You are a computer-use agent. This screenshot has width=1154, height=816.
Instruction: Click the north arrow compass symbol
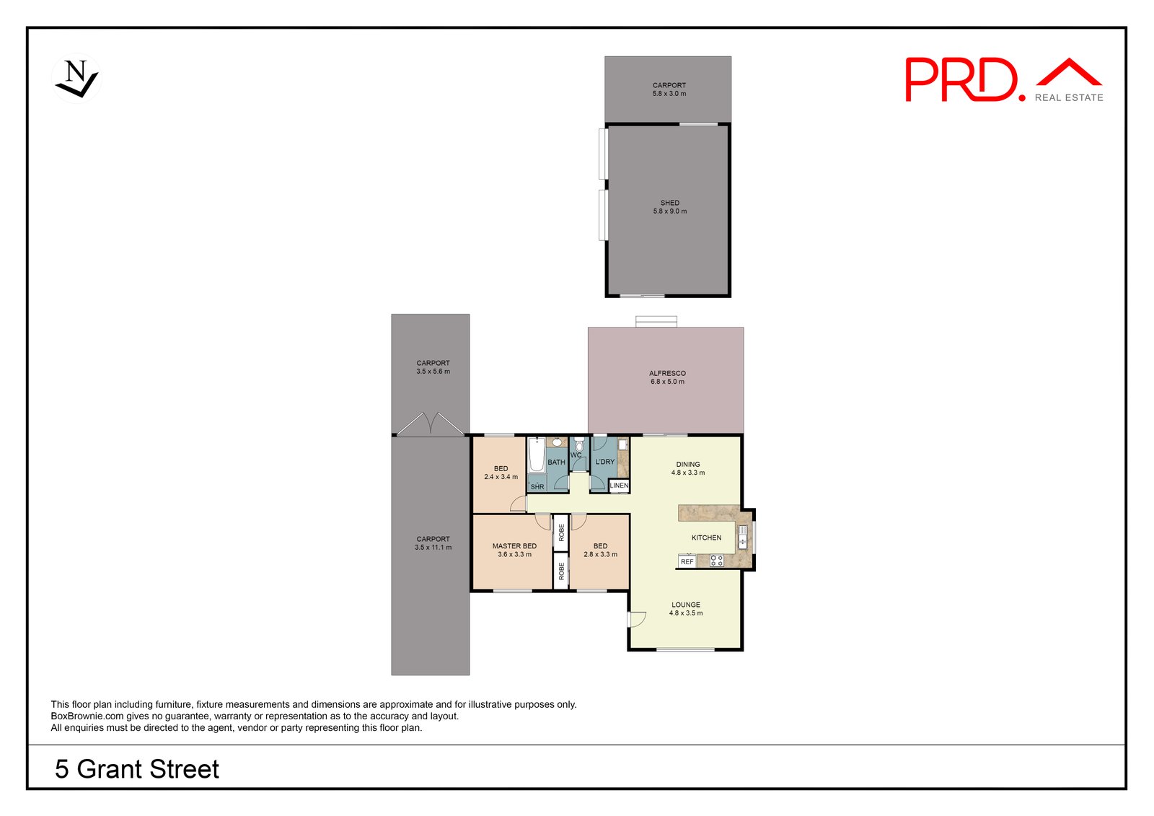76,79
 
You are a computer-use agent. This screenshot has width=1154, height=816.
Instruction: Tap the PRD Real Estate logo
1003,80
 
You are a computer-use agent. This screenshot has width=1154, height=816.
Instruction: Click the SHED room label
669,203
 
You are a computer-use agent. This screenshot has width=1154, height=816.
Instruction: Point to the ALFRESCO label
667,373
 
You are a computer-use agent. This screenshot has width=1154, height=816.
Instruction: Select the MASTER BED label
514,546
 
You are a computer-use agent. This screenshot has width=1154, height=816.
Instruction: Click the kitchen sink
742,538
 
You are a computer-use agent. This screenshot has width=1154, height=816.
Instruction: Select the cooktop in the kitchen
716,561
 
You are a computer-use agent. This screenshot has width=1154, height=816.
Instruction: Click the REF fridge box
687,561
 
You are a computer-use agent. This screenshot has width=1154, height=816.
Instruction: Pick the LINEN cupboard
619,486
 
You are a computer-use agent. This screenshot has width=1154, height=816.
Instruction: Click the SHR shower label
537,487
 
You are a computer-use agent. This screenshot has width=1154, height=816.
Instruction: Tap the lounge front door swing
636,619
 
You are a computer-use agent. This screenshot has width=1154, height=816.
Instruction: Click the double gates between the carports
431,424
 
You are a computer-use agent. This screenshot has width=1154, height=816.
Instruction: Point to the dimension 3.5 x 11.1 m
433,548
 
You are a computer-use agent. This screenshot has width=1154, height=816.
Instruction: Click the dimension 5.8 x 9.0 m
669,211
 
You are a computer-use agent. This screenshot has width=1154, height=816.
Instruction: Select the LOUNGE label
685,605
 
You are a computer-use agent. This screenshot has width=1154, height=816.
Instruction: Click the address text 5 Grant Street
137,769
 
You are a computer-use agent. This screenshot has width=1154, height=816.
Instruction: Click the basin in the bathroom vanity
557,442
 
